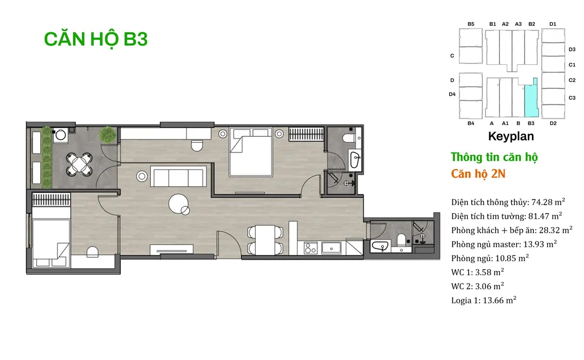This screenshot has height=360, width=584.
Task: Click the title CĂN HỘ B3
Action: coord(96,39)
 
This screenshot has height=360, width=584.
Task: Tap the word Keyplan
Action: coord(510,136)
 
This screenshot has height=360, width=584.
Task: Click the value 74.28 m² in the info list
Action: coord(548,202)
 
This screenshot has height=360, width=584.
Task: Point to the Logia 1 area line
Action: coord(484,300)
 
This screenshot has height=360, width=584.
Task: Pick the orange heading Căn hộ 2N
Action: coord(478,174)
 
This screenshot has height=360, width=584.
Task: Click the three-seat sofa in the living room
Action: coord(178,176)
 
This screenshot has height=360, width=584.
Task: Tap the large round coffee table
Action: coord(178,204)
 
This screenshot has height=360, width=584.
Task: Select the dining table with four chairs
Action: coord(265,240)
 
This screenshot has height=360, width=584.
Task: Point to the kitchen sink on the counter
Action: coord(331,248)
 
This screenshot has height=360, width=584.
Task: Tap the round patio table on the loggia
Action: coord(79,164)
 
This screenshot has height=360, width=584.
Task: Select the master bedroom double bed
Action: coord(251,152)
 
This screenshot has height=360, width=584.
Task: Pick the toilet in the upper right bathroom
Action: coord(350,138)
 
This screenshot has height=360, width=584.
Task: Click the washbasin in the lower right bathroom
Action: coord(380,246)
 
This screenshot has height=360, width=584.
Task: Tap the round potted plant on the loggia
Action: coord(107,134)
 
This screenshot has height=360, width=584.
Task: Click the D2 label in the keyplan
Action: coord(552,123)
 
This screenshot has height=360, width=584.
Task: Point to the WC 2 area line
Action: coord(478,286)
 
